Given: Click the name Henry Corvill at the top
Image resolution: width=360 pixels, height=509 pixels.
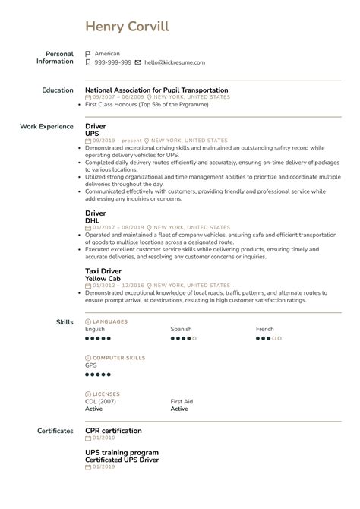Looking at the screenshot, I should (128, 27).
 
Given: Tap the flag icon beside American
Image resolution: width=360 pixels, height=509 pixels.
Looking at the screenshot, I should (88, 54).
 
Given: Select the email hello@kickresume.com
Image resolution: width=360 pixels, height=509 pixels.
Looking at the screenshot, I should (174, 62).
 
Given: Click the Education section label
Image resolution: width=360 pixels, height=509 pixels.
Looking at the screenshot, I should (58, 90).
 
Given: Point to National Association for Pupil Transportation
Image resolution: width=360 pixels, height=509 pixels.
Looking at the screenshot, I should (156, 90).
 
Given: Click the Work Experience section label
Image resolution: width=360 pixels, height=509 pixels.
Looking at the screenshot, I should (46, 126).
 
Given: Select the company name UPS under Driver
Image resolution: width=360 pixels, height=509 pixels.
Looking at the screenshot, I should (92, 134).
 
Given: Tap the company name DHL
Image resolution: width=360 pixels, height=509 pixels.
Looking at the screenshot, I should (93, 220).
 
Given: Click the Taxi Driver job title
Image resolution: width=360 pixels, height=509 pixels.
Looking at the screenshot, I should (103, 270).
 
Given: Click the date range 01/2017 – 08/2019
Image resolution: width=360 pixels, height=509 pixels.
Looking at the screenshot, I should (118, 227).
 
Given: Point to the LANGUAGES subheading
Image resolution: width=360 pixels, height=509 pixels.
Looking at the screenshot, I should (109, 321).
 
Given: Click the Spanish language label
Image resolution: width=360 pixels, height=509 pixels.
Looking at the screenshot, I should (181, 329).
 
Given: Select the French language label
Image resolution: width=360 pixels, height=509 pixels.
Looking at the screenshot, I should (265, 329).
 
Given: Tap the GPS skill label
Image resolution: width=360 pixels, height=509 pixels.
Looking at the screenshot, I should (91, 365).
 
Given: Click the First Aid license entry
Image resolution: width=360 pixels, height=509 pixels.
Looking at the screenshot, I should (182, 401).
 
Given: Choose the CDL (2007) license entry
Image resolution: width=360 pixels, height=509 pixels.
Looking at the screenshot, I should (101, 401).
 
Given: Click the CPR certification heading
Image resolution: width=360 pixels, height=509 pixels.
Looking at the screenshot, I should (113, 431).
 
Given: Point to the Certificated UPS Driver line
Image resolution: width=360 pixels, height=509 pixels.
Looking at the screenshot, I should (122, 459).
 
